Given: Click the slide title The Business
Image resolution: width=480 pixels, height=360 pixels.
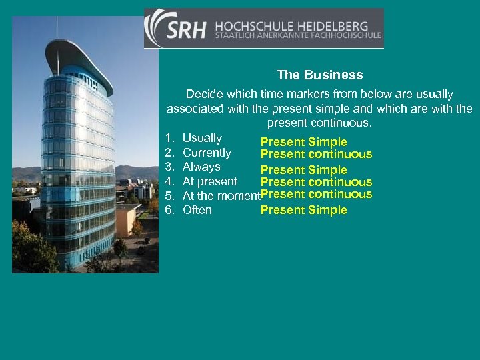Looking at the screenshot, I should (320, 75).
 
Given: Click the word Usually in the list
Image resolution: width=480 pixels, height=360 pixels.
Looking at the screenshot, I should (202, 138).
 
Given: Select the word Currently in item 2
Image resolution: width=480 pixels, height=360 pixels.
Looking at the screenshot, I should (207, 153).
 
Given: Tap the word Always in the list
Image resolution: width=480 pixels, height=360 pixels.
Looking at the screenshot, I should (201, 167).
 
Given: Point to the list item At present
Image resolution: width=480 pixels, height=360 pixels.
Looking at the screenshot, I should (209, 181).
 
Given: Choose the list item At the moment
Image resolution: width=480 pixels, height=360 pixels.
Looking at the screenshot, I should (221, 196).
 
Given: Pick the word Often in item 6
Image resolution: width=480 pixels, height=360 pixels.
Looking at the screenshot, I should (197, 210).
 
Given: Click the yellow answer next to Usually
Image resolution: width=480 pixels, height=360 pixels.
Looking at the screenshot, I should (303, 142).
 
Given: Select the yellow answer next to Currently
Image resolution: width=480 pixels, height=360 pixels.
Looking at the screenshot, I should (316, 155).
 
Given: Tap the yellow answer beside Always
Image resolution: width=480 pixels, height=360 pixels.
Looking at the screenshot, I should (303, 170).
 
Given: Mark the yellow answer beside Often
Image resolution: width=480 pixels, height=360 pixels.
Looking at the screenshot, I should (303, 210).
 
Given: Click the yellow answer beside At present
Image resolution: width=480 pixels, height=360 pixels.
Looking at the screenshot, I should (316, 182).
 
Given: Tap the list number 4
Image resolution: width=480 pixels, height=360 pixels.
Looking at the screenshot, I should (169, 181).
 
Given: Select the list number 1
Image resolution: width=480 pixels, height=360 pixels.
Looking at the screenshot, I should (169, 138).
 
